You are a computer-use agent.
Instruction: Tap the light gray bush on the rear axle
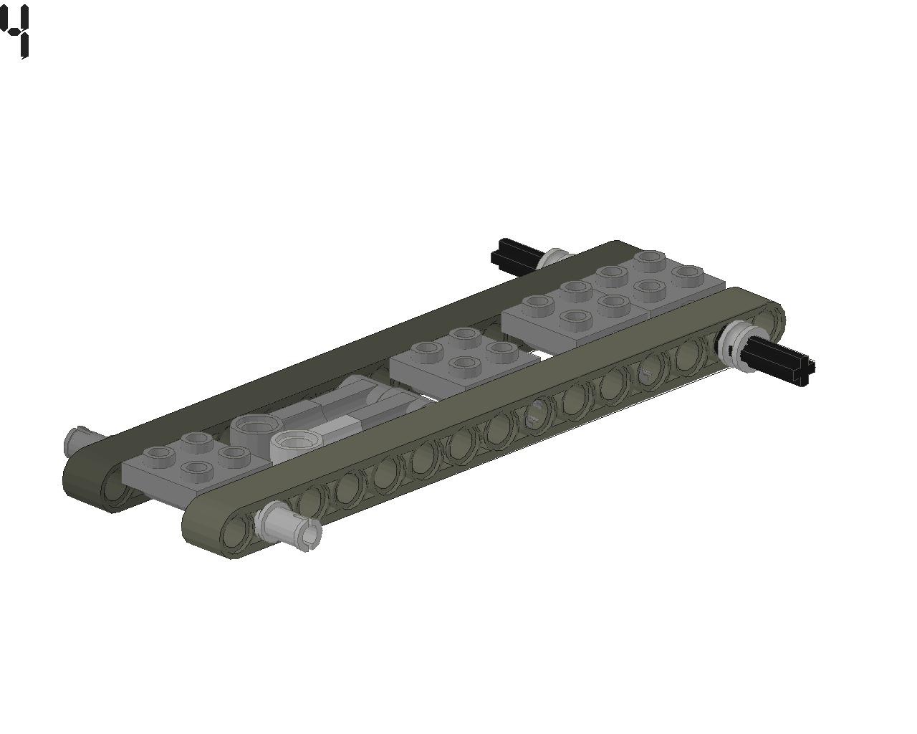tap(553, 259)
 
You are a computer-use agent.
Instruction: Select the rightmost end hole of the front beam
tap(770, 320)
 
